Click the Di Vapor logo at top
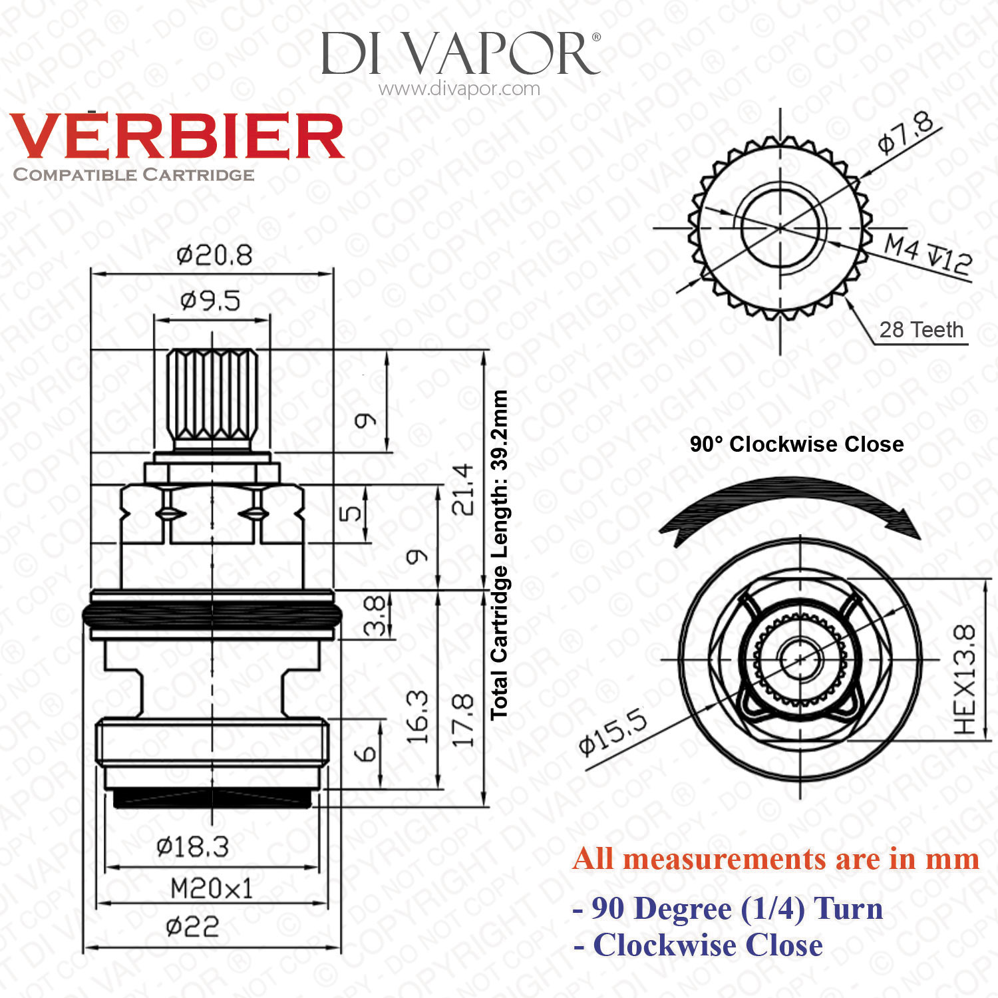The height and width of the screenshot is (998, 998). click(460, 53)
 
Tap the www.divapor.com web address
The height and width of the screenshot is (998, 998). click(459, 88)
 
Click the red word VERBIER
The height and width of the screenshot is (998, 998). click(177, 136)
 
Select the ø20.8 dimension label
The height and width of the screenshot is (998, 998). click(214, 255)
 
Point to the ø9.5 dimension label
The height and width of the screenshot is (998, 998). click(210, 301)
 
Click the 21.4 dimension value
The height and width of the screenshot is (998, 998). click(463, 490)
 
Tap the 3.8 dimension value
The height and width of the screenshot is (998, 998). click(375, 615)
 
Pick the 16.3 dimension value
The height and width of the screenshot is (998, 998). click(418, 718)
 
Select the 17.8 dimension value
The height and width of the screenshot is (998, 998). click(463, 721)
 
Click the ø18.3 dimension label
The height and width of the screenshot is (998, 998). click(193, 847)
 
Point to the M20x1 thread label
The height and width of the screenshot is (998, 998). click(212, 888)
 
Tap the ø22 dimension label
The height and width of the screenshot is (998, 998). click(192, 926)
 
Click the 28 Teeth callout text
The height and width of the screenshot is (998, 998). click(921, 329)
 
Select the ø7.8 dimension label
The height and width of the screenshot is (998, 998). click(906, 135)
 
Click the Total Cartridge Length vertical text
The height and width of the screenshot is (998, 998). click(500, 555)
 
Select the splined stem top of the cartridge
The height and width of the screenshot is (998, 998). click(212, 399)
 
